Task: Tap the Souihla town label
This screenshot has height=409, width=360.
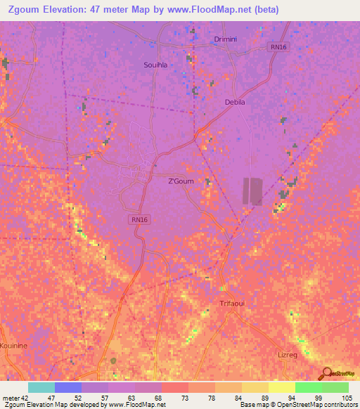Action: (x=156, y=65)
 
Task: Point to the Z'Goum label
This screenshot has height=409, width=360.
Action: (x=181, y=181)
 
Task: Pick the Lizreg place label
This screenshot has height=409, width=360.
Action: (x=288, y=355)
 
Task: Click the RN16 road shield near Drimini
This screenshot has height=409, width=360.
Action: (x=278, y=47)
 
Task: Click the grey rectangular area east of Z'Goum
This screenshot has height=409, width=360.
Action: (x=252, y=190)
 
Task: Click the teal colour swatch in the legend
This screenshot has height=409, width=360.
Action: (x=41, y=387)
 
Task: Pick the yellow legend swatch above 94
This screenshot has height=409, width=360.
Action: (x=281, y=387)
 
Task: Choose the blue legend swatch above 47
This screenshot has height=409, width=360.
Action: (x=68, y=387)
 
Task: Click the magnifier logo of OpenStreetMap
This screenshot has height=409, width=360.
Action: (x=326, y=372)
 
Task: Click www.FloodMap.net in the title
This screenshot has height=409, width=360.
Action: (x=215, y=10)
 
